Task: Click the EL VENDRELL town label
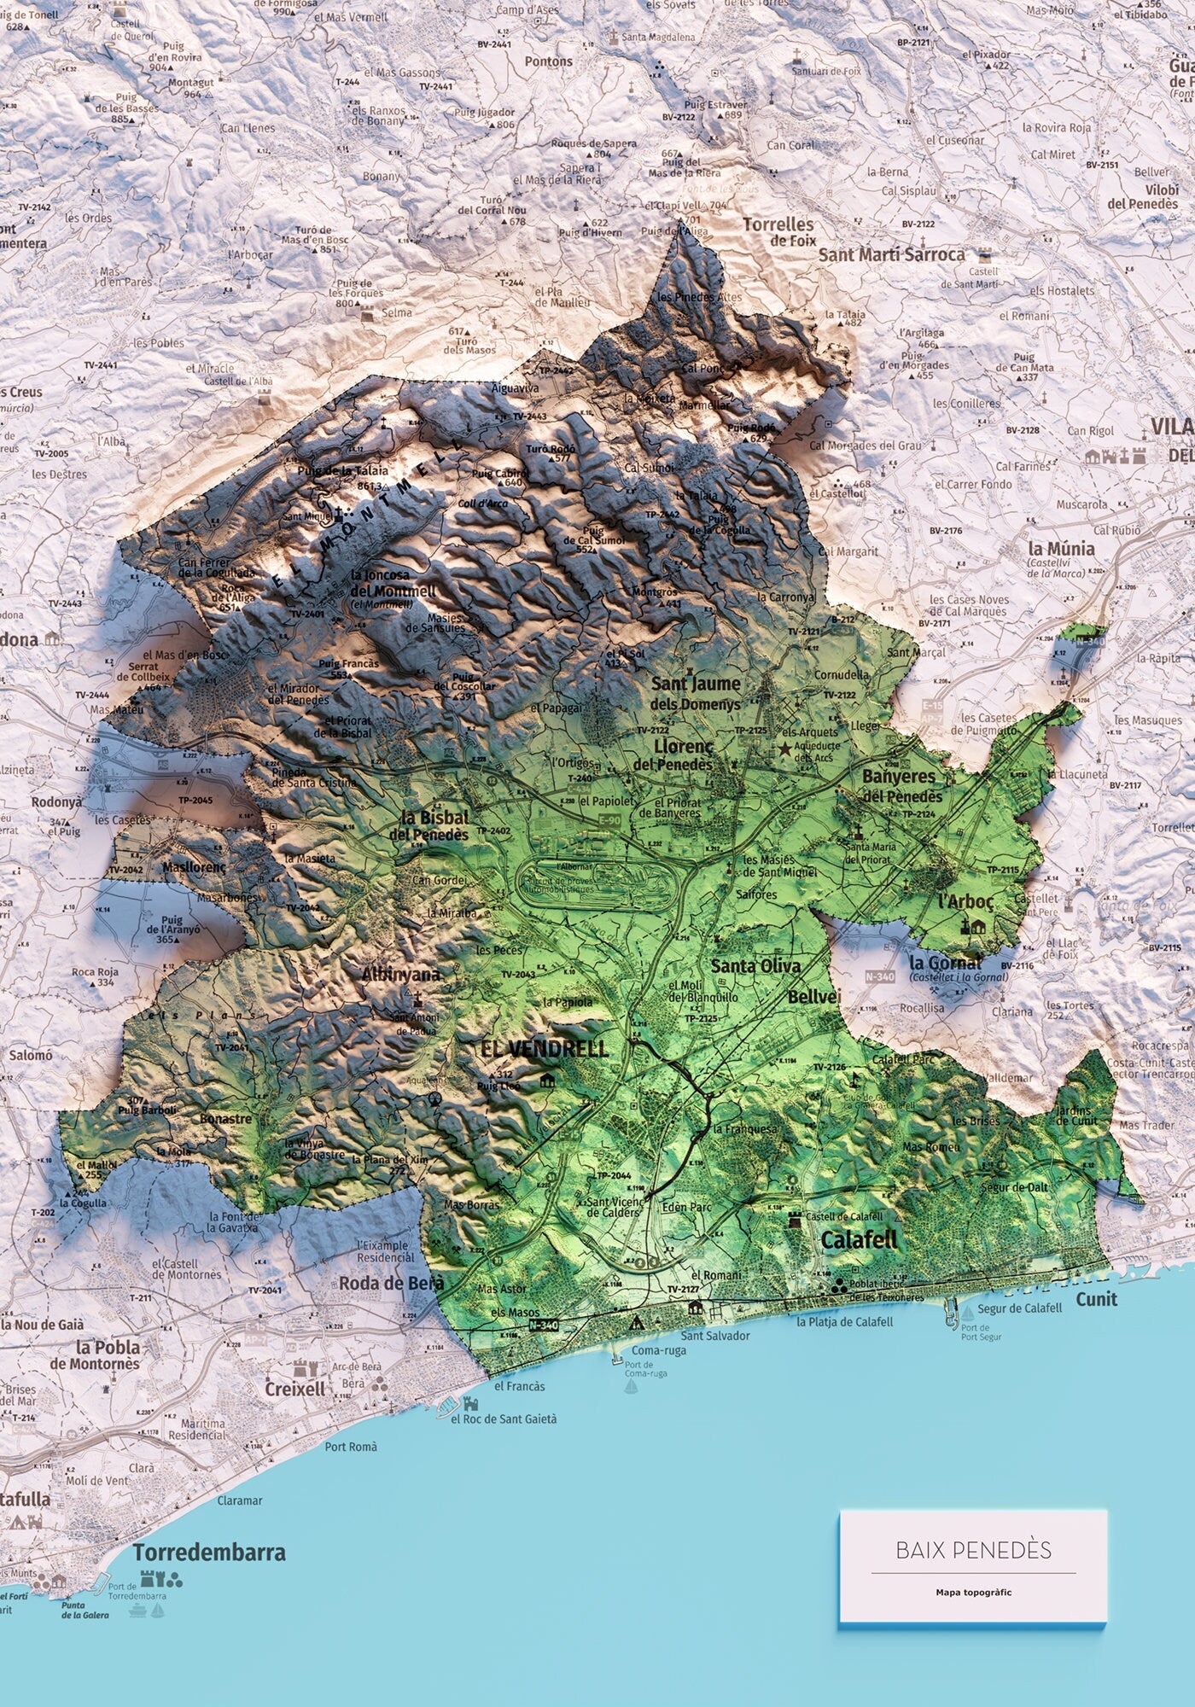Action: (x=545, y=1048)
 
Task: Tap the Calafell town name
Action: (x=860, y=1239)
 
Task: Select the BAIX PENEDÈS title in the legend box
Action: (x=973, y=1550)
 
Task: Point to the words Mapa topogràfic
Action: (x=973, y=1592)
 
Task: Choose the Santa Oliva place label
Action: (x=755, y=965)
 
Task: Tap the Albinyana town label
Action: (x=401, y=974)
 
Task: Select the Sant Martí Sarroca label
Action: (x=892, y=254)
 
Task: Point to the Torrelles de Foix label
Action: (x=778, y=231)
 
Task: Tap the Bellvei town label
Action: (x=814, y=997)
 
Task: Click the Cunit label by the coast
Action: (x=1096, y=1299)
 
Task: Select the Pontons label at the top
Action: (x=548, y=61)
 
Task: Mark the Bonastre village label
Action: (x=225, y=1118)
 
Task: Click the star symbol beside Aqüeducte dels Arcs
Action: (x=784, y=749)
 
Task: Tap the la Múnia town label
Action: (x=1061, y=549)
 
